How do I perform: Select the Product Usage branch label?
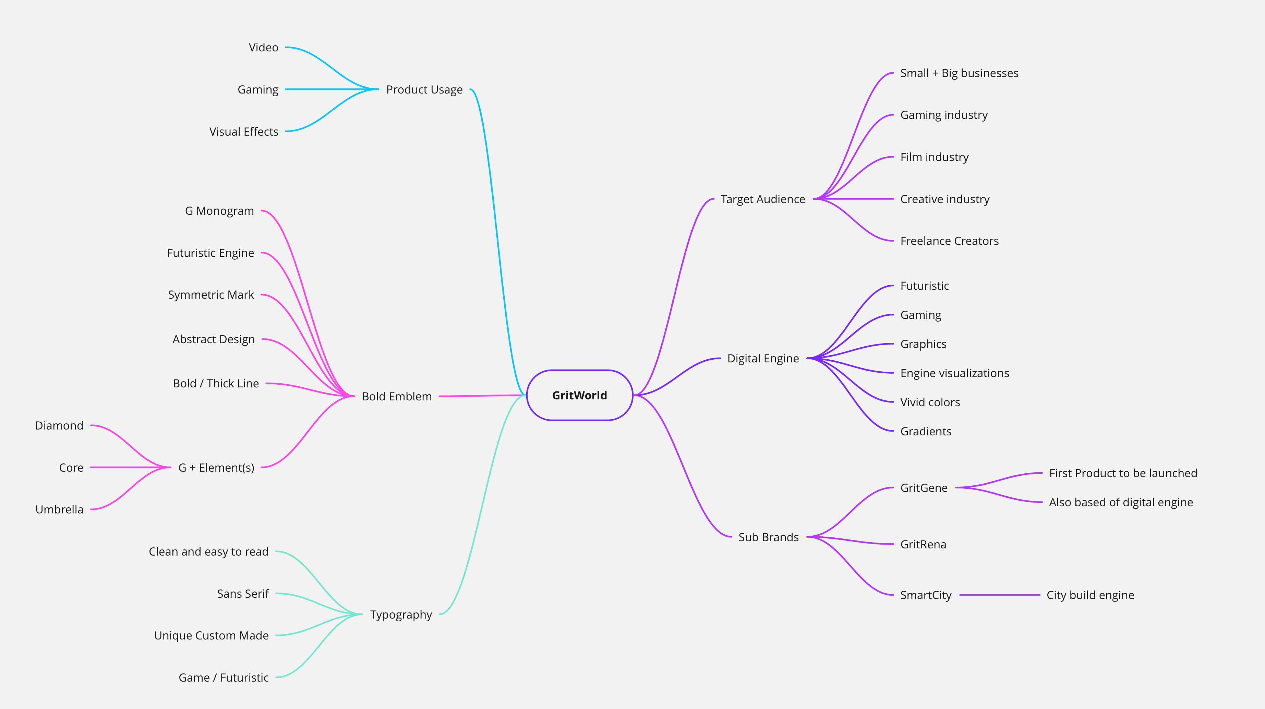pyautogui.click(x=424, y=90)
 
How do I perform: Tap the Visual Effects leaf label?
pyautogui.click(x=243, y=132)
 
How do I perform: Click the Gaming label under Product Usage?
pyautogui.click(x=258, y=90)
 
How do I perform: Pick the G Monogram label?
pyautogui.click(x=219, y=211)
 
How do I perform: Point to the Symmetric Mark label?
pyautogui.click(x=211, y=295)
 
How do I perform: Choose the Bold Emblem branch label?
pyautogui.click(x=397, y=396)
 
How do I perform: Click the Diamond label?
pyautogui.click(x=59, y=425)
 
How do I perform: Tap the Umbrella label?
pyautogui.click(x=59, y=509)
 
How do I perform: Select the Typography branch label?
pyautogui.click(x=401, y=615)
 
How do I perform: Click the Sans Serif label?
pyautogui.click(x=243, y=594)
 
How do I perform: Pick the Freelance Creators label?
pyautogui.click(x=949, y=241)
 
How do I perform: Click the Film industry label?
pyautogui.click(x=934, y=157)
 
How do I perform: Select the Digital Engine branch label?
pyautogui.click(x=763, y=359)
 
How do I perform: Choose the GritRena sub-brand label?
pyautogui.click(x=923, y=544)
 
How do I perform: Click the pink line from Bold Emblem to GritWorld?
pyautogui.click(x=481, y=396)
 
